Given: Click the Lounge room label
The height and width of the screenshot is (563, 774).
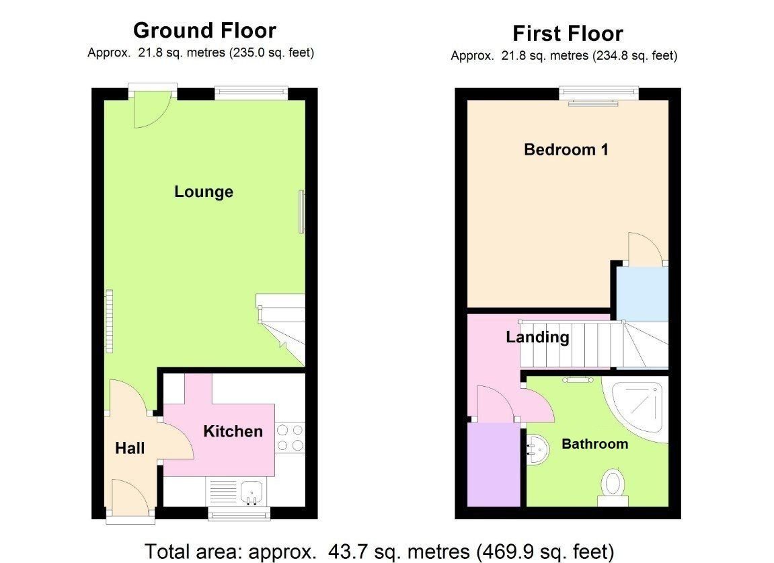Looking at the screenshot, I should [x=204, y=192].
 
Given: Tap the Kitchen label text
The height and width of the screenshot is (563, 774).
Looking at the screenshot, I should [x=233, y=431].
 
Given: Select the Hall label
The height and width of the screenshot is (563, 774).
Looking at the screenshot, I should [x=130, y=448].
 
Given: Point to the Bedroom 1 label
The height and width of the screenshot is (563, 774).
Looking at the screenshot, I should [x=566, y=149].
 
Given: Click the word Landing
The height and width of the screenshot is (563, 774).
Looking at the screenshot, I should [x=537, y=337].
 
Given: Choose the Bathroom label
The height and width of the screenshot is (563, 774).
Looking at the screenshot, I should [x=594, y=444].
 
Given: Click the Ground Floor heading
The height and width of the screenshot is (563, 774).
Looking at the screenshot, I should [x=204, y=30].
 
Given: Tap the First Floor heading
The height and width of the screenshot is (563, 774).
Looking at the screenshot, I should [x=568, y=33].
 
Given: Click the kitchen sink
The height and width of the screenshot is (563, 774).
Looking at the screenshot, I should [x=250, y=492].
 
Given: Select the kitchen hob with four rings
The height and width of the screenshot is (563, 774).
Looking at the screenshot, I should [x=290, y=437].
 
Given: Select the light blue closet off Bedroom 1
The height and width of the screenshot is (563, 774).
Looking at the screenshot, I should [x=642, y=293].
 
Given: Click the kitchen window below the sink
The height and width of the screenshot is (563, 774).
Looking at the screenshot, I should [x=239, y=515].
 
